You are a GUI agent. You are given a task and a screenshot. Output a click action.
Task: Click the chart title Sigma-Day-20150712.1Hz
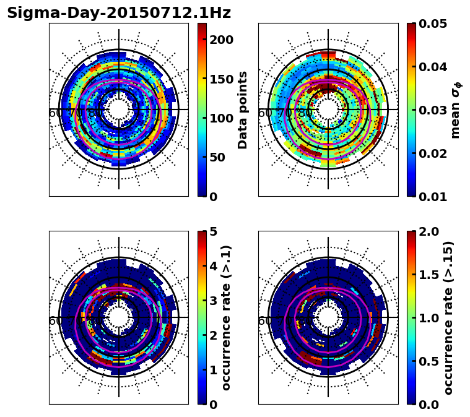pos(118,13)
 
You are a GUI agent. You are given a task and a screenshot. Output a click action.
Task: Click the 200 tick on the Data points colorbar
pos(220,40)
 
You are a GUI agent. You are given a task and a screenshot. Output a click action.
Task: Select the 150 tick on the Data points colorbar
pos(220,79)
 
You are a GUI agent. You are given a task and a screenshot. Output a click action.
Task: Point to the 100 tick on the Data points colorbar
pos(220,118)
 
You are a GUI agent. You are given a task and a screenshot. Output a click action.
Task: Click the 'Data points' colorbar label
pos(243,110)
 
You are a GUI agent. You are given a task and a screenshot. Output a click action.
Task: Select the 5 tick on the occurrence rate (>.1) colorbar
pos(213,231)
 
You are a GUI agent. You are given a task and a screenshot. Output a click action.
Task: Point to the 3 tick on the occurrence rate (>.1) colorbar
pos(213,301)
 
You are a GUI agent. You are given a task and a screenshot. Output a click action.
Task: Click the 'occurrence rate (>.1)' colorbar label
pos(227,318)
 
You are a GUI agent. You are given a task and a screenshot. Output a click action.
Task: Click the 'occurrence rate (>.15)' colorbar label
pos(448,318)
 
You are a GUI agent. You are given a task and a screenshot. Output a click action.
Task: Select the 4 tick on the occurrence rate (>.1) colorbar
pos(213,266)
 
